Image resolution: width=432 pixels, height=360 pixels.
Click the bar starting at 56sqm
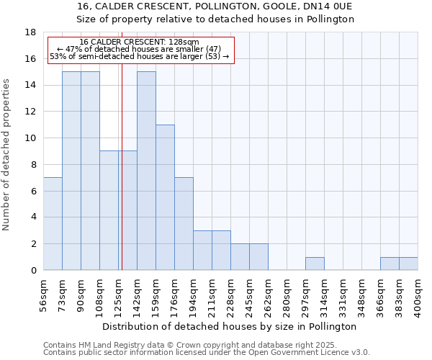[53, 224]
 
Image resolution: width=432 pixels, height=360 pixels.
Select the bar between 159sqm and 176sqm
[165, 197]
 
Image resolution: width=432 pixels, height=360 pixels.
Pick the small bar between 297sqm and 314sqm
[315, 264]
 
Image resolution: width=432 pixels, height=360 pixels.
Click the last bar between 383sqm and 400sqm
[408, 264]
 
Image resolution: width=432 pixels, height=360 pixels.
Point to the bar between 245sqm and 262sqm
[258, 257]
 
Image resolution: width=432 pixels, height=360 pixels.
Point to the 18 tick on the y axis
[30, 32]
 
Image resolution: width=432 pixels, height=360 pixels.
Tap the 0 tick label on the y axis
[33, 271]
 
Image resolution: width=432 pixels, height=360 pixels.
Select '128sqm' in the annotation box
[185, 42]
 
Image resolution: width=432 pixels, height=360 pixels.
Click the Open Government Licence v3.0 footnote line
[207, 353]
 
